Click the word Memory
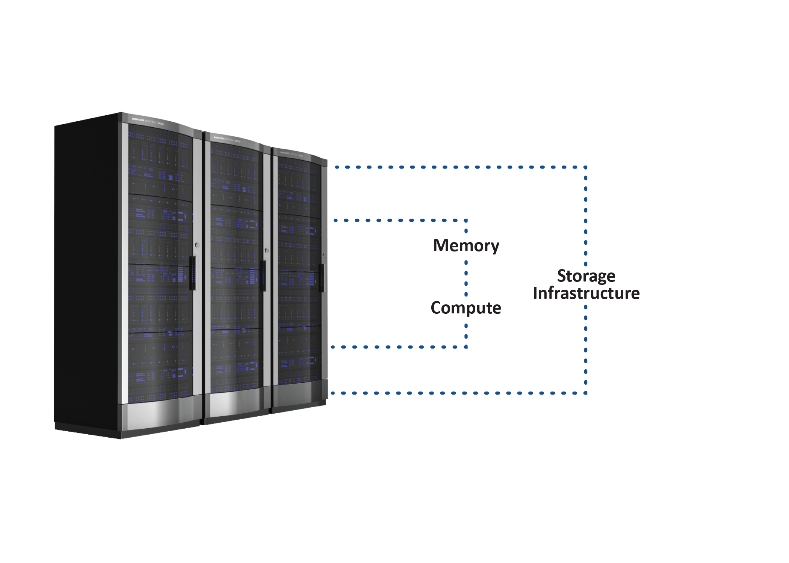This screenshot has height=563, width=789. [x=466, y=246]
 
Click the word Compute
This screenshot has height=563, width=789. [x=466, y=308]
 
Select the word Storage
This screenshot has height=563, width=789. [x=586, y=276]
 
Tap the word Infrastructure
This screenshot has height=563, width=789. [x=586, y=293]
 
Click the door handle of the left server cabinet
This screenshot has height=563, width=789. [x=192, y=273]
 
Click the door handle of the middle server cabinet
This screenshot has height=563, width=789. [x=263, y=276]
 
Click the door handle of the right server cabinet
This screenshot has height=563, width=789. [x=321, y=278]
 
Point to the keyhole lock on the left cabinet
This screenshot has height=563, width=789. [x=197, y=245]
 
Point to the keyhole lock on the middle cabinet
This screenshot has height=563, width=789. [x=267, y=250]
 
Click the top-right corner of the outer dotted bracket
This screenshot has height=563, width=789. [x=586, y=167]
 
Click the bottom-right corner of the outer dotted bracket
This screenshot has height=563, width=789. [x=586, y=393]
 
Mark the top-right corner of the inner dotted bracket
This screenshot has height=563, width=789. [x=466, y=220]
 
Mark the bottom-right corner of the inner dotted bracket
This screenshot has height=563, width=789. [x=466, y=347]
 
